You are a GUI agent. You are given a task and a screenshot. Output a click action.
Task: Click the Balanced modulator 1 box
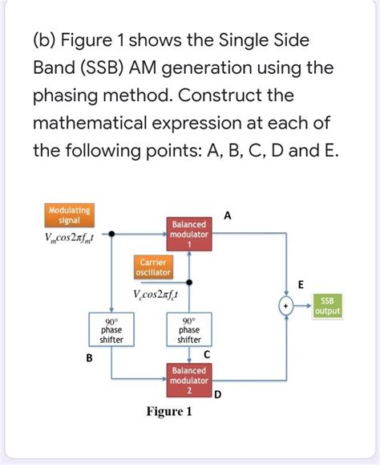[x=189, y=234]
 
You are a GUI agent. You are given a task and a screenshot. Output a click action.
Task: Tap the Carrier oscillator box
[x=152, y=267]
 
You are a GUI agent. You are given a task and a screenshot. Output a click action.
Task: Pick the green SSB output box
[x=329, y=306]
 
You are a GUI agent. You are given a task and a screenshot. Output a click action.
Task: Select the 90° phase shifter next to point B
[x=111, y=329]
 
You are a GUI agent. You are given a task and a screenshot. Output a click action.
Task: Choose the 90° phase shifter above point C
[x=189, y=329]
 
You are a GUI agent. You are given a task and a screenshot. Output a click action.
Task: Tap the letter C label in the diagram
[x=208, y=354]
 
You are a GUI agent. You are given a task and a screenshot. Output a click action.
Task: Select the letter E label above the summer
[x=301, y=284]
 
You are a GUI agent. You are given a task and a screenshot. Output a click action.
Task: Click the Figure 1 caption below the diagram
[x=169, y=412]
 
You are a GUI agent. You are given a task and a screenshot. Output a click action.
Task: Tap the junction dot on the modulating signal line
[x=111, y=235]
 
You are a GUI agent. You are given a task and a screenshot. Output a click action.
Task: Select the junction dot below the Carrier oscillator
[x=189, y=282]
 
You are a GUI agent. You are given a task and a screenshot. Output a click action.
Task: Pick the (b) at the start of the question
[x=49, y=41]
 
